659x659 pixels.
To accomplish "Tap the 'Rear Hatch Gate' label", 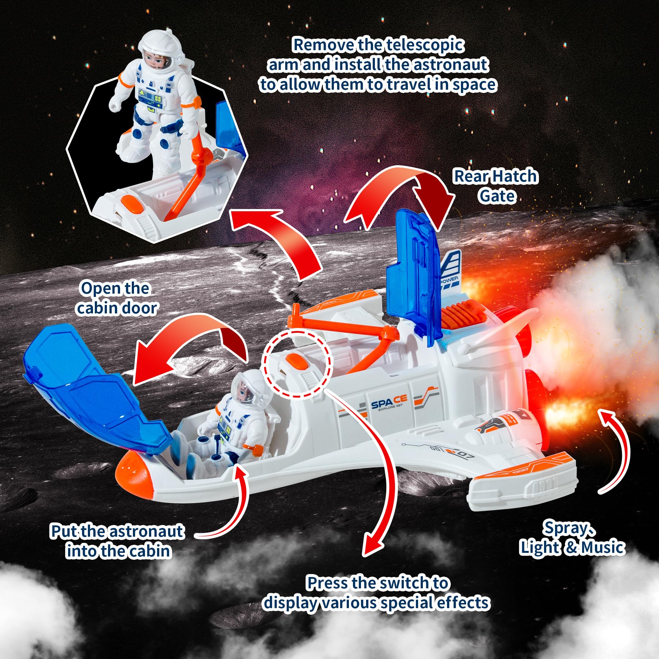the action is (x=496, y=186).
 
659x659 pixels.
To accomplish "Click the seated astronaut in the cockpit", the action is (x=234, y=417).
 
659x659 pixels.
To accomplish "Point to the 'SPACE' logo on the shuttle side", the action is (x=389, y=403).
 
